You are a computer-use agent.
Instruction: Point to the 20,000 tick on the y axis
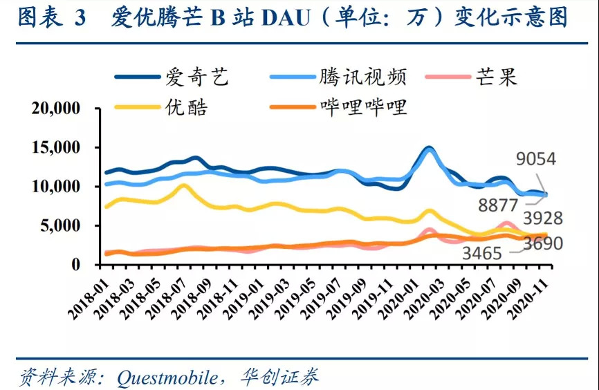56,109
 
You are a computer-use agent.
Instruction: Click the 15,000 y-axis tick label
56,147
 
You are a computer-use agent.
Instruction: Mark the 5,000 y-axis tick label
61,225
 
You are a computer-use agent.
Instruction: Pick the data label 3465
481,254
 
